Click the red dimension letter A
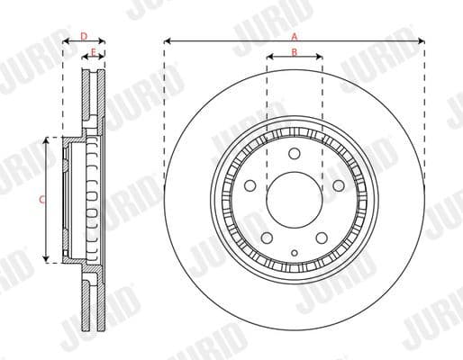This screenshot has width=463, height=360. point(294,36)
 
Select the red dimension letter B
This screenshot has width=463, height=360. point(295,52)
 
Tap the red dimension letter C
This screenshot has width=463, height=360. point(42,200)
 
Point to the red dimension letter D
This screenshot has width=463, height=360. point(83,36)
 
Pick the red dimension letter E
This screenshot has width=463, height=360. point(94,53)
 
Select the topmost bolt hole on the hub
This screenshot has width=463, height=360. point(295,154)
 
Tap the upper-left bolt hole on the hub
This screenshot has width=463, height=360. point(251,185)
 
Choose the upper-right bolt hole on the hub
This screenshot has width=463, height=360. point(339,185)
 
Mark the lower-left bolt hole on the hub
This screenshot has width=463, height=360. point(268,236)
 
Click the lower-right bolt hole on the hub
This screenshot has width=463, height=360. point(322,236)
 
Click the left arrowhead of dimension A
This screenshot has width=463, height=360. point(168,40)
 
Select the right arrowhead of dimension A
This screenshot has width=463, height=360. point(421,40)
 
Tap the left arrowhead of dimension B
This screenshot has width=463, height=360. point(270,58)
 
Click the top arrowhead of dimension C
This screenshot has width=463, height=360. point(48,140)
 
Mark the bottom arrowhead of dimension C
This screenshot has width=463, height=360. point(48,260)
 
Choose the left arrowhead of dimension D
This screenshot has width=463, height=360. point(65,41)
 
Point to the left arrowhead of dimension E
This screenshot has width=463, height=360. point(87,58)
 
